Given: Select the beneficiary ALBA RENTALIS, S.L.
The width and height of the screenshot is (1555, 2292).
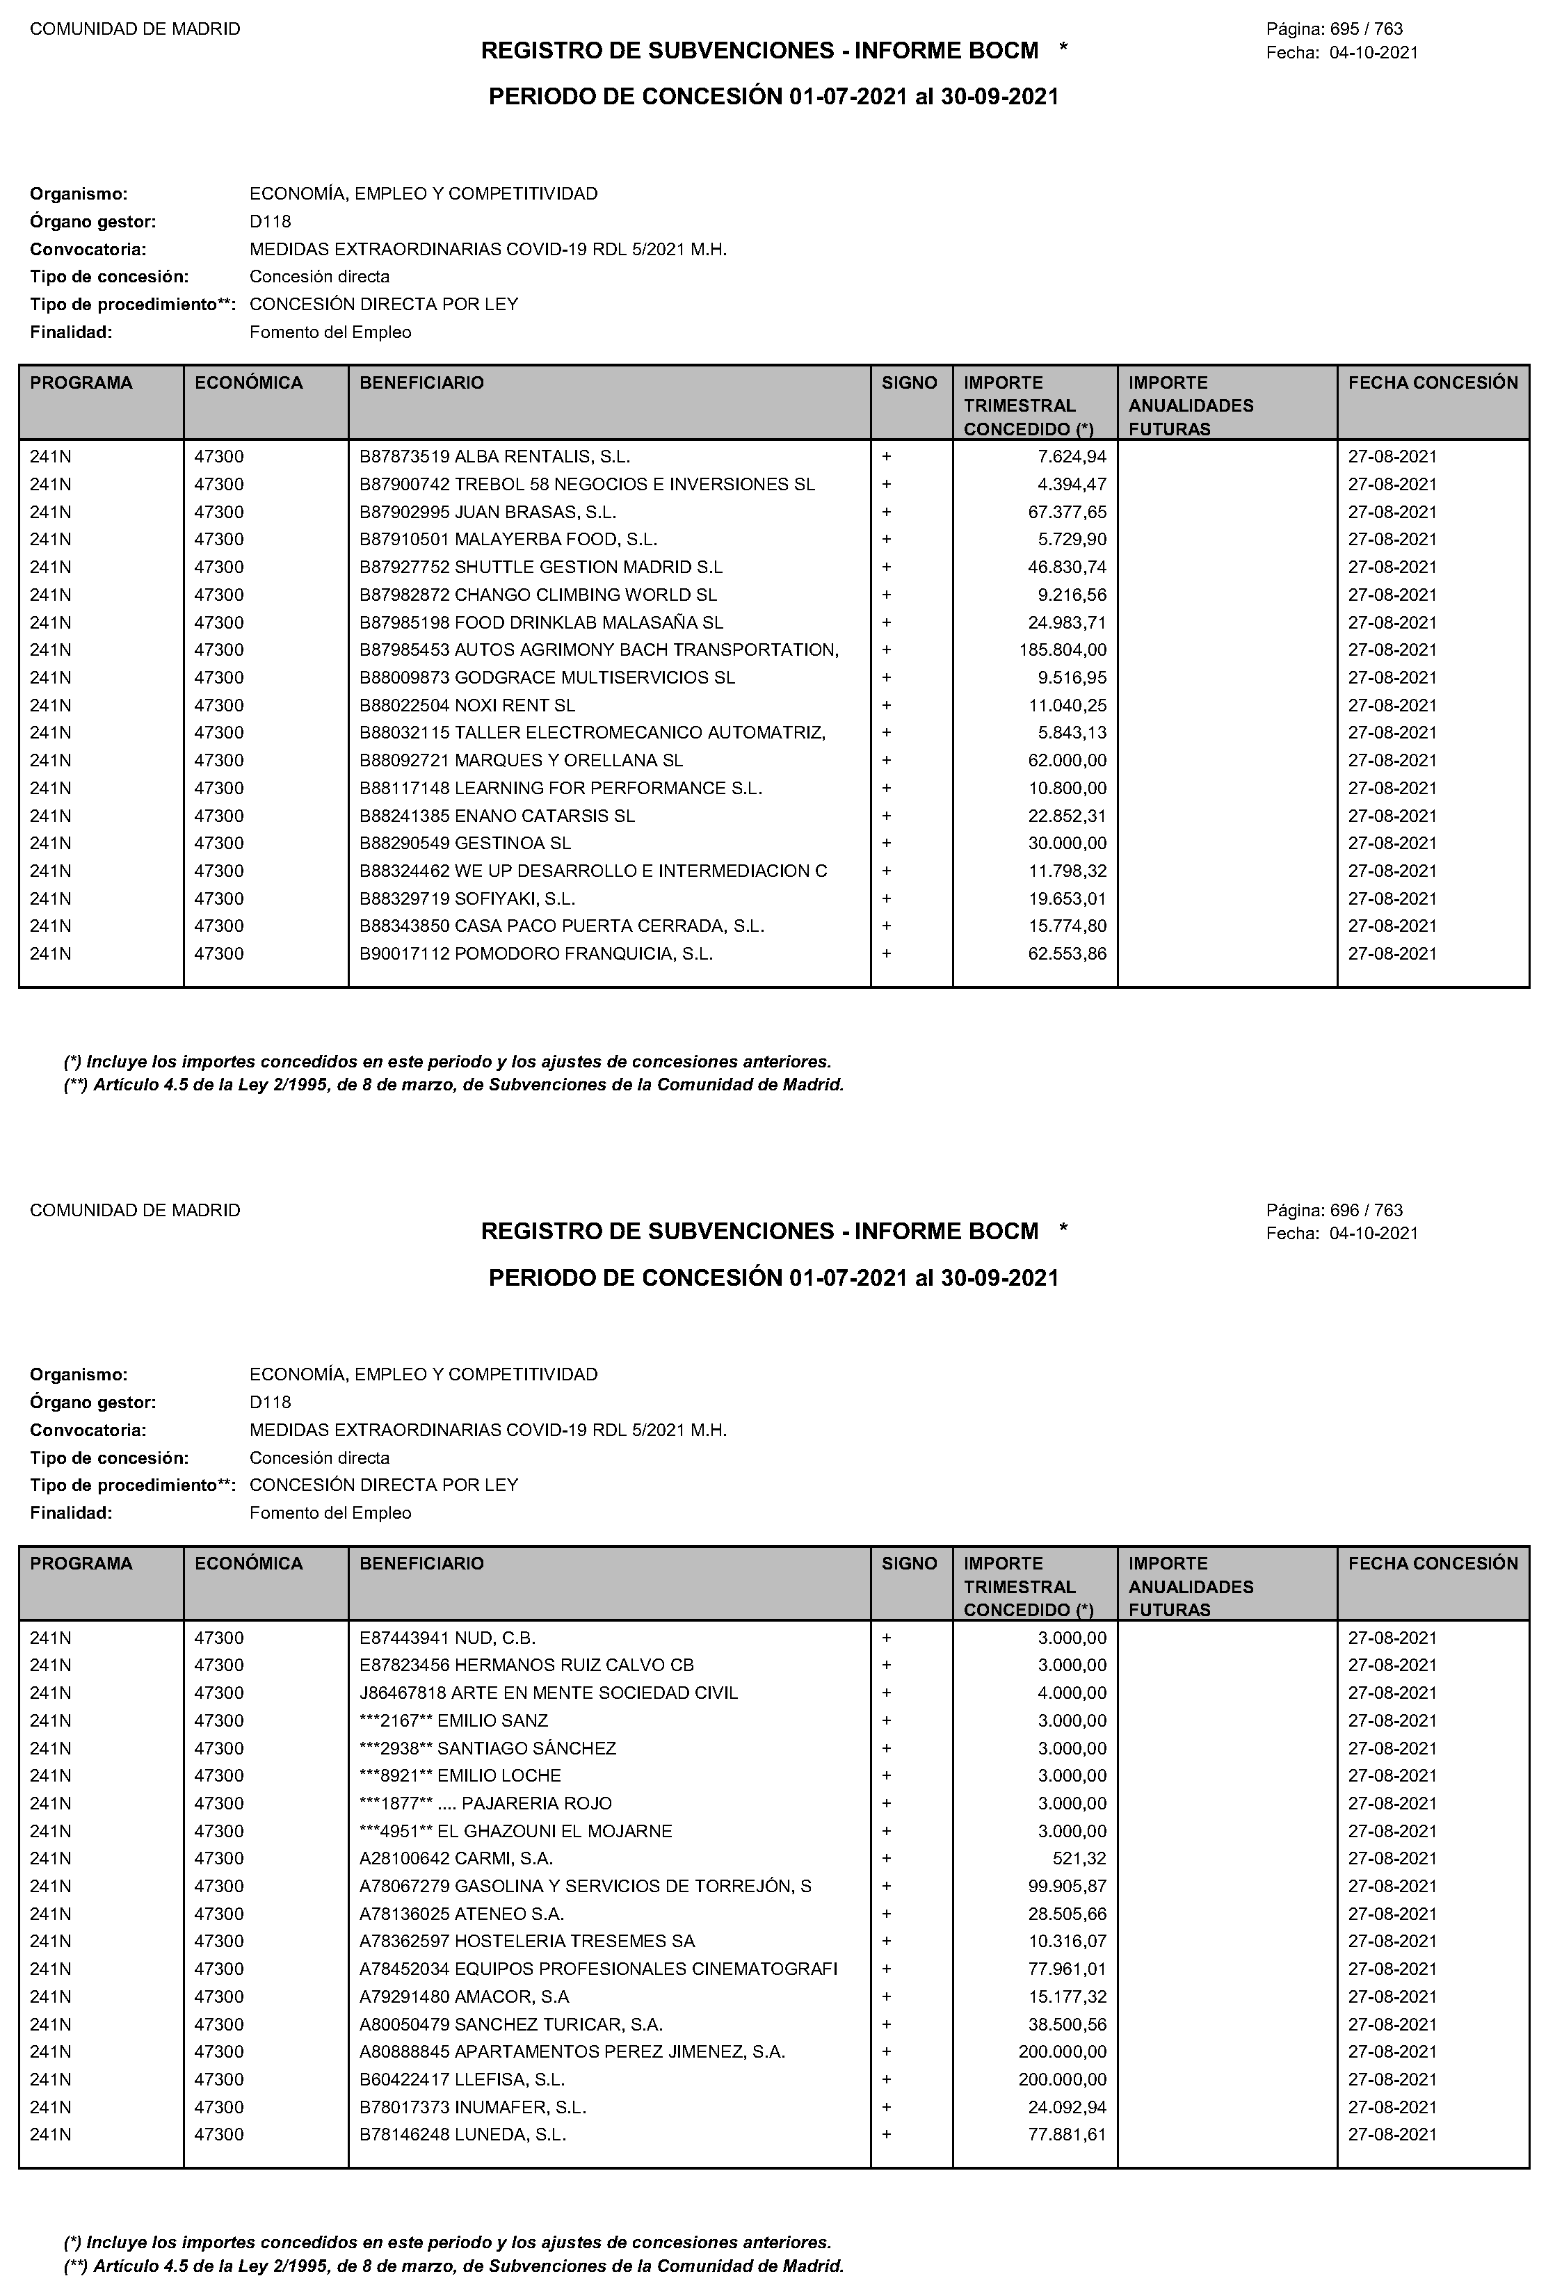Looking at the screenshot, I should (x=494, y=457).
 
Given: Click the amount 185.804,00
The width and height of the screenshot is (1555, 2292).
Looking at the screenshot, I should (x=1063, y=650).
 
